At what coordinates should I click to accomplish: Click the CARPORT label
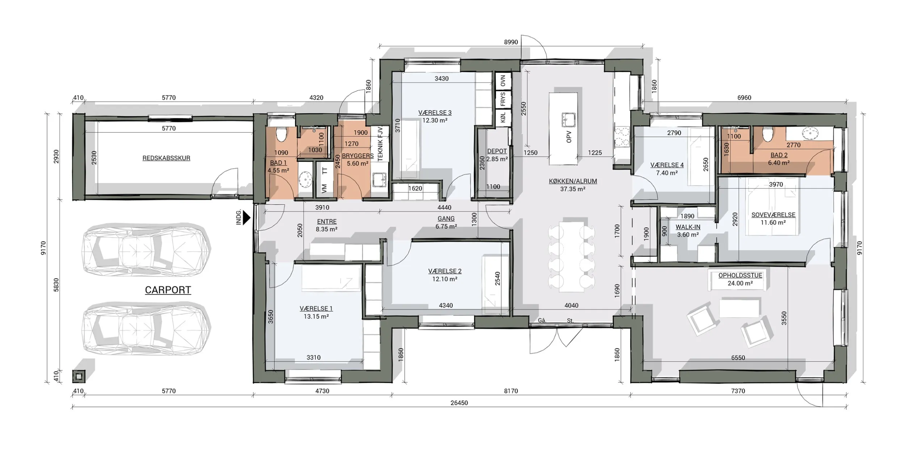pyautogui.click(x=168, y=290)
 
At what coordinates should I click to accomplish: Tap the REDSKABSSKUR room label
pyautogui.click(x=166, y=158)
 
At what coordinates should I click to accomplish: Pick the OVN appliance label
pyautogui.click(x=503, y=81)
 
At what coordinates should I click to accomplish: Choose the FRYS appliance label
pyautogui.click(x=503, y=99)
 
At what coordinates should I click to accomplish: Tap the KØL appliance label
pyautogui.click(x=503, y=118)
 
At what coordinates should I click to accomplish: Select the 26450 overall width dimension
pyautogui.click(x=459, y=403)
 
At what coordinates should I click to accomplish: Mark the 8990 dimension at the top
pyautogui.click(x=511, y=42)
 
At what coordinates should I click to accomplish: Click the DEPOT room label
pyautogui.click(x=497, y=151)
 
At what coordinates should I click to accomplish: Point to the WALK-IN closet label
pyautogui.click(x=688, y=227)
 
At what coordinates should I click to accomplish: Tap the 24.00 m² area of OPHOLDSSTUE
pyautogui.click(x=740, y=283)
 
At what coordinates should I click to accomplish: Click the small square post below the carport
pyautogui.click(x=79, y=377)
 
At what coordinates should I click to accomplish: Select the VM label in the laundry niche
pyautogui.click(x=324, y=188)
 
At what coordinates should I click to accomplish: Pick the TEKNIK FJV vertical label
pyautogui.click(x=380, y=144)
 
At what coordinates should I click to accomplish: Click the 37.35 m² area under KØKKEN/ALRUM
pyautogui.click(x=573, y=189)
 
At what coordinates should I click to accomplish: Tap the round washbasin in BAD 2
pyautogui.click(x=808, y=133)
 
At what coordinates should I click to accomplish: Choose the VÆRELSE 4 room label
pyautogui.click(x=667, y=165)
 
